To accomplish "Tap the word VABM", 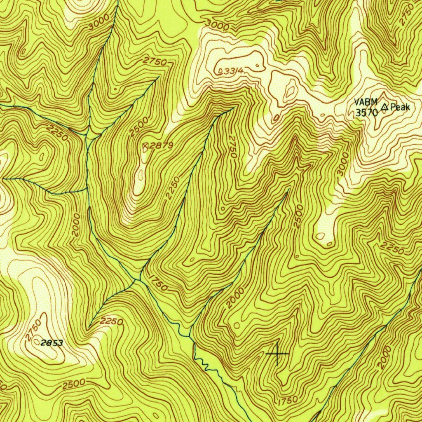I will click(366, 103).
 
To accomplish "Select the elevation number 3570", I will click(366, 112).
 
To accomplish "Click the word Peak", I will click(400, 108).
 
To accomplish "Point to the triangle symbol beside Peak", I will click(384, 108).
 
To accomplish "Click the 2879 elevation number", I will click(162, 145).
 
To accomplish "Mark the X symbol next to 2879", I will click(145, 145).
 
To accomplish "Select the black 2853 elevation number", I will click(52, 342).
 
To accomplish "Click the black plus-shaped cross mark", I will click(277, 354).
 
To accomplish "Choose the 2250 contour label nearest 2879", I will click(172, 188).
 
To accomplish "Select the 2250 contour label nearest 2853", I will click(111, 321).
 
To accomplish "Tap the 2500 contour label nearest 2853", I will click(74, 384).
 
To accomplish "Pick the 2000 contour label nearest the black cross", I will click(235, 298).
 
